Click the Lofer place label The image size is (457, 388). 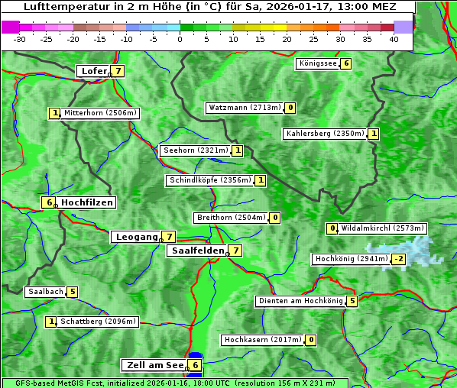93,71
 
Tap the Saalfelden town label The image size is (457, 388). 197,251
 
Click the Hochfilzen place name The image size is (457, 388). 87,202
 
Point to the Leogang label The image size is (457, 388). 136,237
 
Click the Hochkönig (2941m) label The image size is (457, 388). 352,259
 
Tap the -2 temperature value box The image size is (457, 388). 399,259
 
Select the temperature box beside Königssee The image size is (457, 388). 345,63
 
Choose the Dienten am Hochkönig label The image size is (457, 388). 300,301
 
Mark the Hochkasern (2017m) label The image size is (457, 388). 262,339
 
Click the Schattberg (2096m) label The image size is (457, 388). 98,322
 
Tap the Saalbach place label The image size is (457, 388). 45,292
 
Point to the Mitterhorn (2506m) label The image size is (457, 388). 100,113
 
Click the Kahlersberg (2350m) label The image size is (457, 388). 325,134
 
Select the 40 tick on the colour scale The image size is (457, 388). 394,39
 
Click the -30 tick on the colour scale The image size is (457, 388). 20,39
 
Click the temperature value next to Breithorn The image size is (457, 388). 274,218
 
